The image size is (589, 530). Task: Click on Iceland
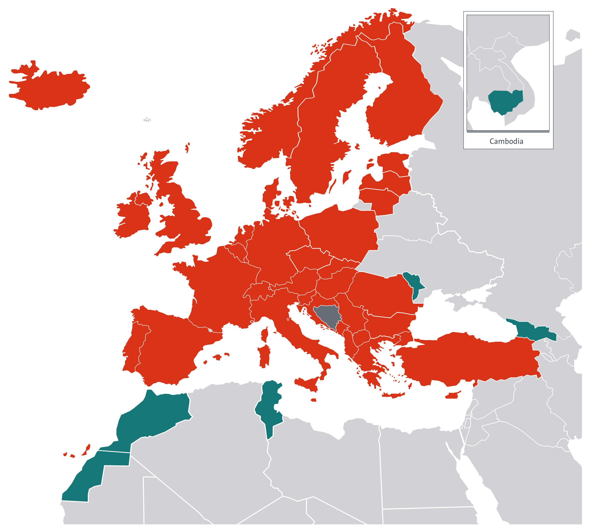tap(49, 87)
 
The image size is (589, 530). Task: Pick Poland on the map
tap(343, 233)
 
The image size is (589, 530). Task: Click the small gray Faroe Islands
tap(148, 119)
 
